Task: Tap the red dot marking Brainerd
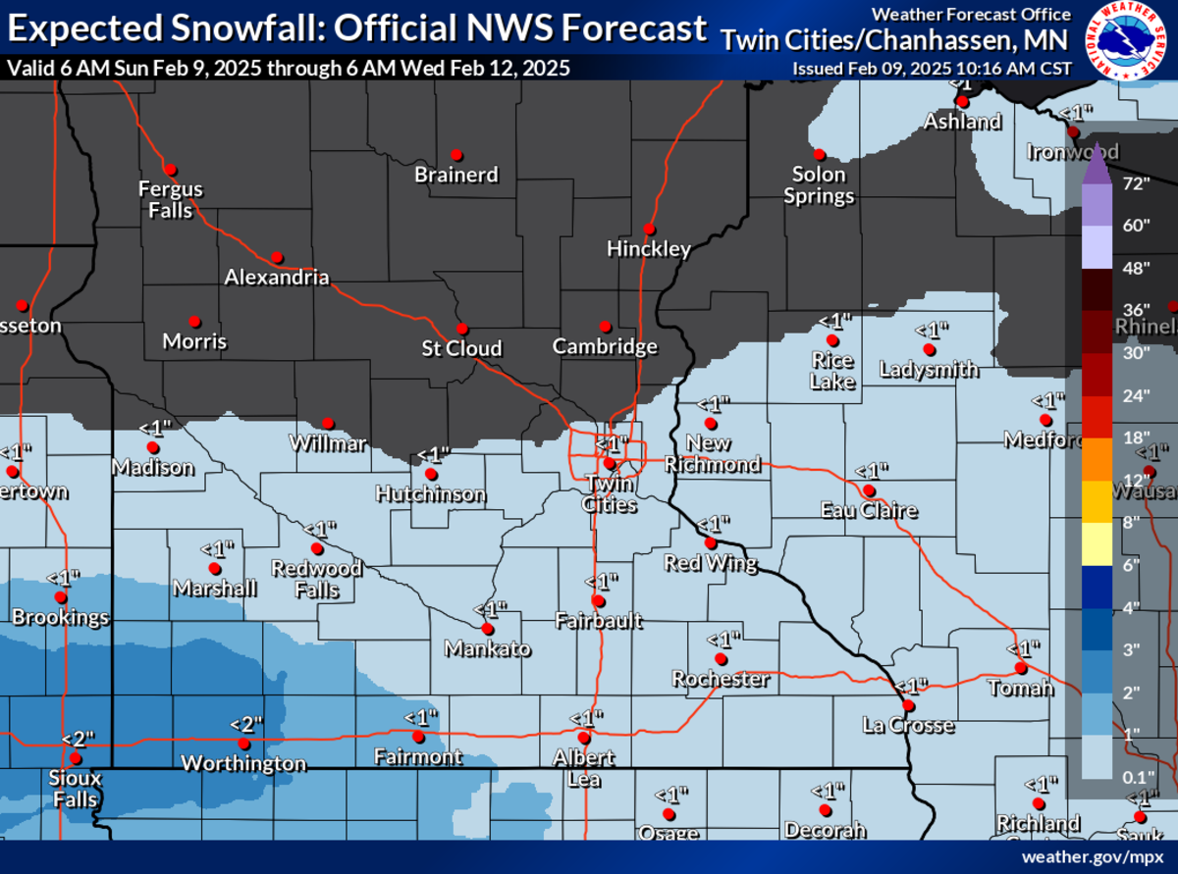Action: tap(456, 155)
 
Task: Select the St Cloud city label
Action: tap(461, 348)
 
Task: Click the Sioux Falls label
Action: tap(75, 790)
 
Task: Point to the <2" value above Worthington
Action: tap(246, 724)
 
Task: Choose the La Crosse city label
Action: tap(908, 726)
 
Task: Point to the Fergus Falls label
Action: tap(170, 199)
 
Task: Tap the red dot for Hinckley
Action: tap(649, 229)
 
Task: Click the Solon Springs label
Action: tap(819, 185)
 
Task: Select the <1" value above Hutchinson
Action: tap(433, 454)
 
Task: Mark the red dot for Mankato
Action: tap(487, 628)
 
